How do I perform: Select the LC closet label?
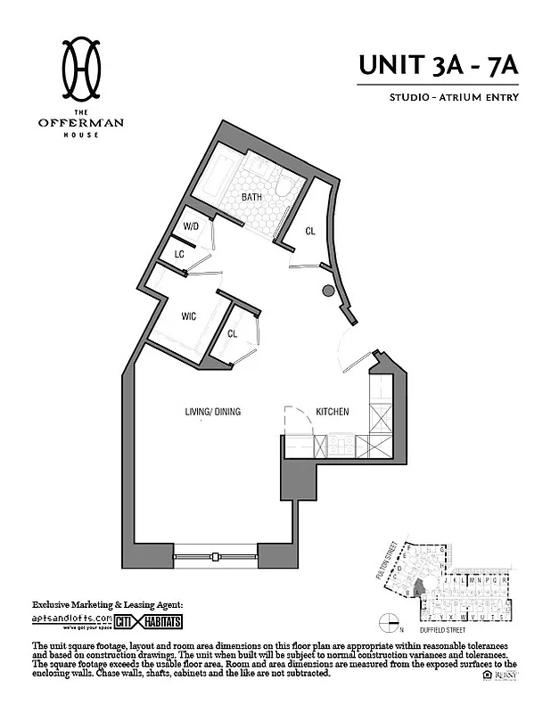coord(179,254)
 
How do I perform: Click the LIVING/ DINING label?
coord(213,412)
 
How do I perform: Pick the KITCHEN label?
coord(333,412)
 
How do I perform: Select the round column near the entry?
coord(328,291)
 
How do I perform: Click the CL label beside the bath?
coord(310,231)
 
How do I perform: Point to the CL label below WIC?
coord(233,334)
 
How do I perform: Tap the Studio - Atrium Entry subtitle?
coord(454,97)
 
